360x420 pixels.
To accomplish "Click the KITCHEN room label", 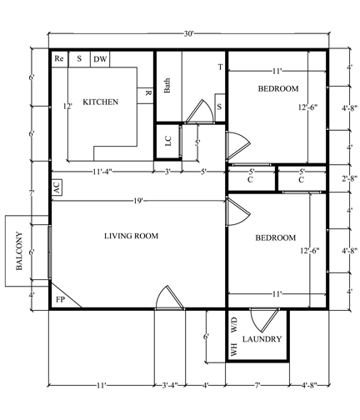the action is pos(101,102).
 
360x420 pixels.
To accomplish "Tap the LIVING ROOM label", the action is pos(131,236).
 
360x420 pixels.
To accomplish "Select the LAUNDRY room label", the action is pos(262,339).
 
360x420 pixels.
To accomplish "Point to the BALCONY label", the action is pos(19,251).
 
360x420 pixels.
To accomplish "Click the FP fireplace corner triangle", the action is pos(62,298).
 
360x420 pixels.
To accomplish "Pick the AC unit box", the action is pos(57,187).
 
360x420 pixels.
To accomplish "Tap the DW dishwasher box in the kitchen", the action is pos(100,59).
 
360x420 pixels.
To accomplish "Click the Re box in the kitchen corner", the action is pos(60,59).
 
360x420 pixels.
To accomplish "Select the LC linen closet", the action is pos(167,142).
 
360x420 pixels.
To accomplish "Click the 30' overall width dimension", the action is pos(188,34).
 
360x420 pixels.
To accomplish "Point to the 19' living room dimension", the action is pos(138,201).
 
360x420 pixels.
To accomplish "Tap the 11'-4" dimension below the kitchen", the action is pos(102,172).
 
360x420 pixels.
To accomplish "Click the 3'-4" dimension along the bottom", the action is pos(169,386).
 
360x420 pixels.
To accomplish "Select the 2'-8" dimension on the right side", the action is pos(350,178).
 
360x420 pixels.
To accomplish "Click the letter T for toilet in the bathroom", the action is pos(220,67).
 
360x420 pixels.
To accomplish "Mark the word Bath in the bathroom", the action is pos(167,86).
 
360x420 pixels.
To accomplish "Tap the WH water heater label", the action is pos(233,349).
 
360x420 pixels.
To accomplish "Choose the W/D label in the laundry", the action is pos(233,325).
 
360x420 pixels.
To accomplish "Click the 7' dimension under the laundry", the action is pos(257,386).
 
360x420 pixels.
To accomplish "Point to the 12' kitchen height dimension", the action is pos(67,106).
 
